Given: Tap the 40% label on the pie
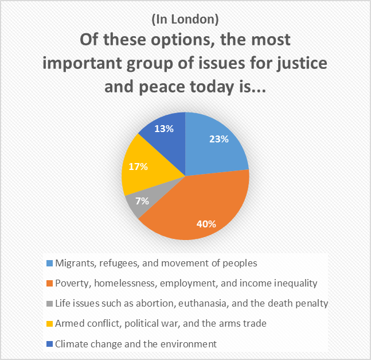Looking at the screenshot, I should [x=207, y=223].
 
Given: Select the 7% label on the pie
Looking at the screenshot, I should [x=142, y=201].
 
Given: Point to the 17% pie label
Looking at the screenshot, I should [x=138, y=167].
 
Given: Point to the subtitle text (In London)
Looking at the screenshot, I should [x=185, y=19].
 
